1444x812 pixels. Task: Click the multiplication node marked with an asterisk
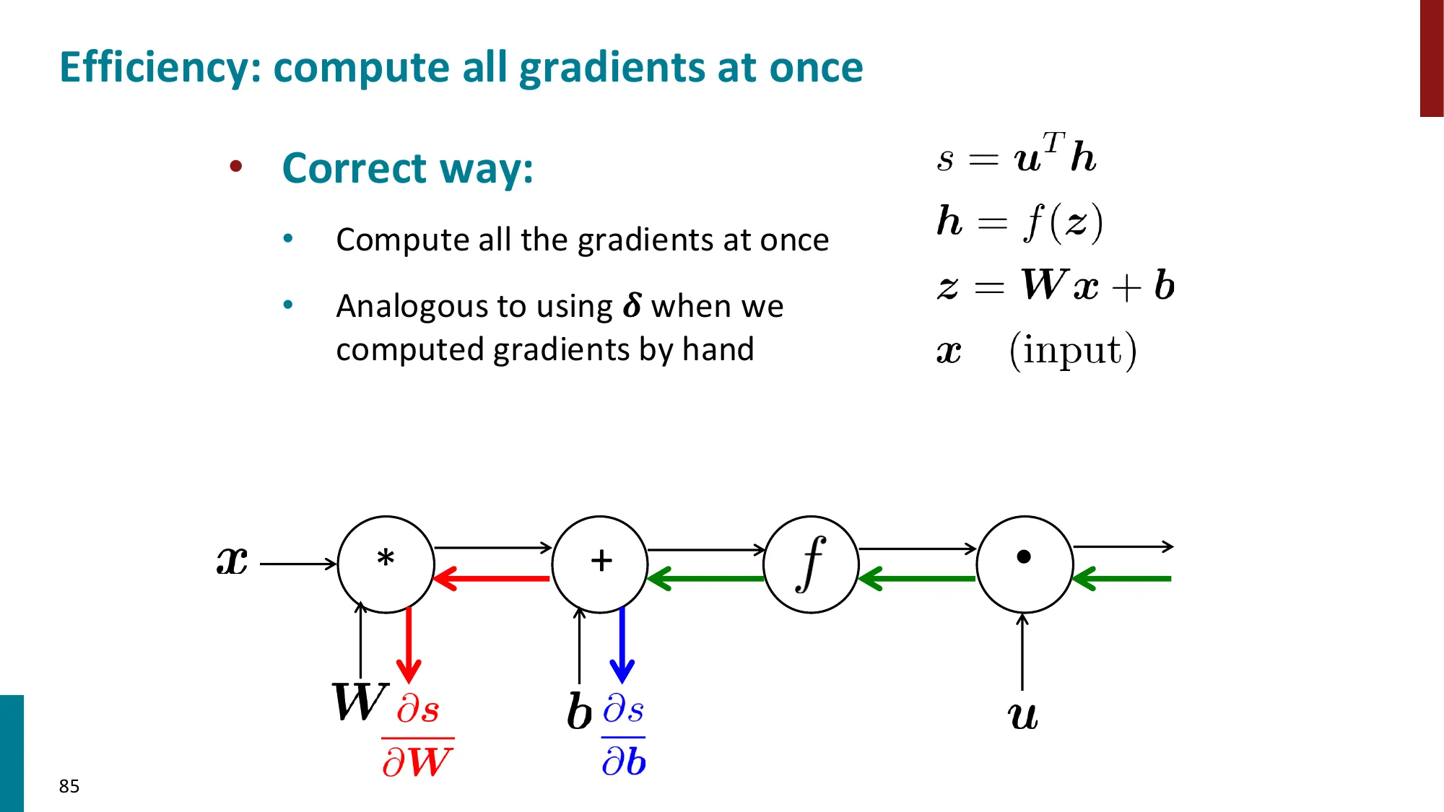386,564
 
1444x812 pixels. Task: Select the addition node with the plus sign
600,564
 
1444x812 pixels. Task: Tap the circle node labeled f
812,564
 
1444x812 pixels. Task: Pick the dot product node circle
1025,564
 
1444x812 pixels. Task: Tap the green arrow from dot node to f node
918,578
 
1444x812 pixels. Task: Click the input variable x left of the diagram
232,561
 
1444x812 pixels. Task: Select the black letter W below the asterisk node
359,702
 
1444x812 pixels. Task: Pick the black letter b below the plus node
579,712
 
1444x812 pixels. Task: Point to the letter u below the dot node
1022,716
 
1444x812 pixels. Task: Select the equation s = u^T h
1017,154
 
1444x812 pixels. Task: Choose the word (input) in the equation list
1073,351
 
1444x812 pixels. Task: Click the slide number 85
69,786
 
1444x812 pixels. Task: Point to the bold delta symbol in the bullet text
632,306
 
